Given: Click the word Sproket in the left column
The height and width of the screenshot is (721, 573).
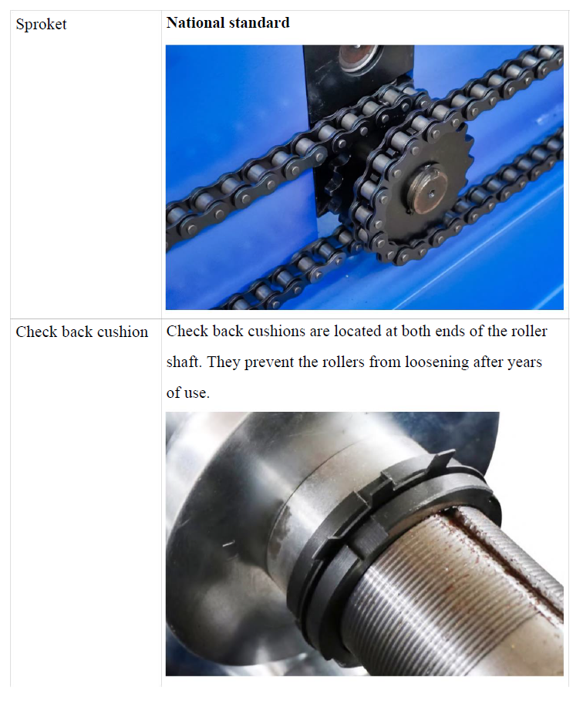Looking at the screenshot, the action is click(41, 24).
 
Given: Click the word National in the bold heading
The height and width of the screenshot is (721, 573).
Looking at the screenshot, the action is click(195, 22).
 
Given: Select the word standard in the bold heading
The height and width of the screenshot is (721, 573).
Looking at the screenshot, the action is click(259, 22).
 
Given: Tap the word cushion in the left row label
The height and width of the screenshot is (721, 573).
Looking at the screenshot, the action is click(123, 332).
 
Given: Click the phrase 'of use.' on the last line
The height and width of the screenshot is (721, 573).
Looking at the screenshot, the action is click(187, 393).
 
